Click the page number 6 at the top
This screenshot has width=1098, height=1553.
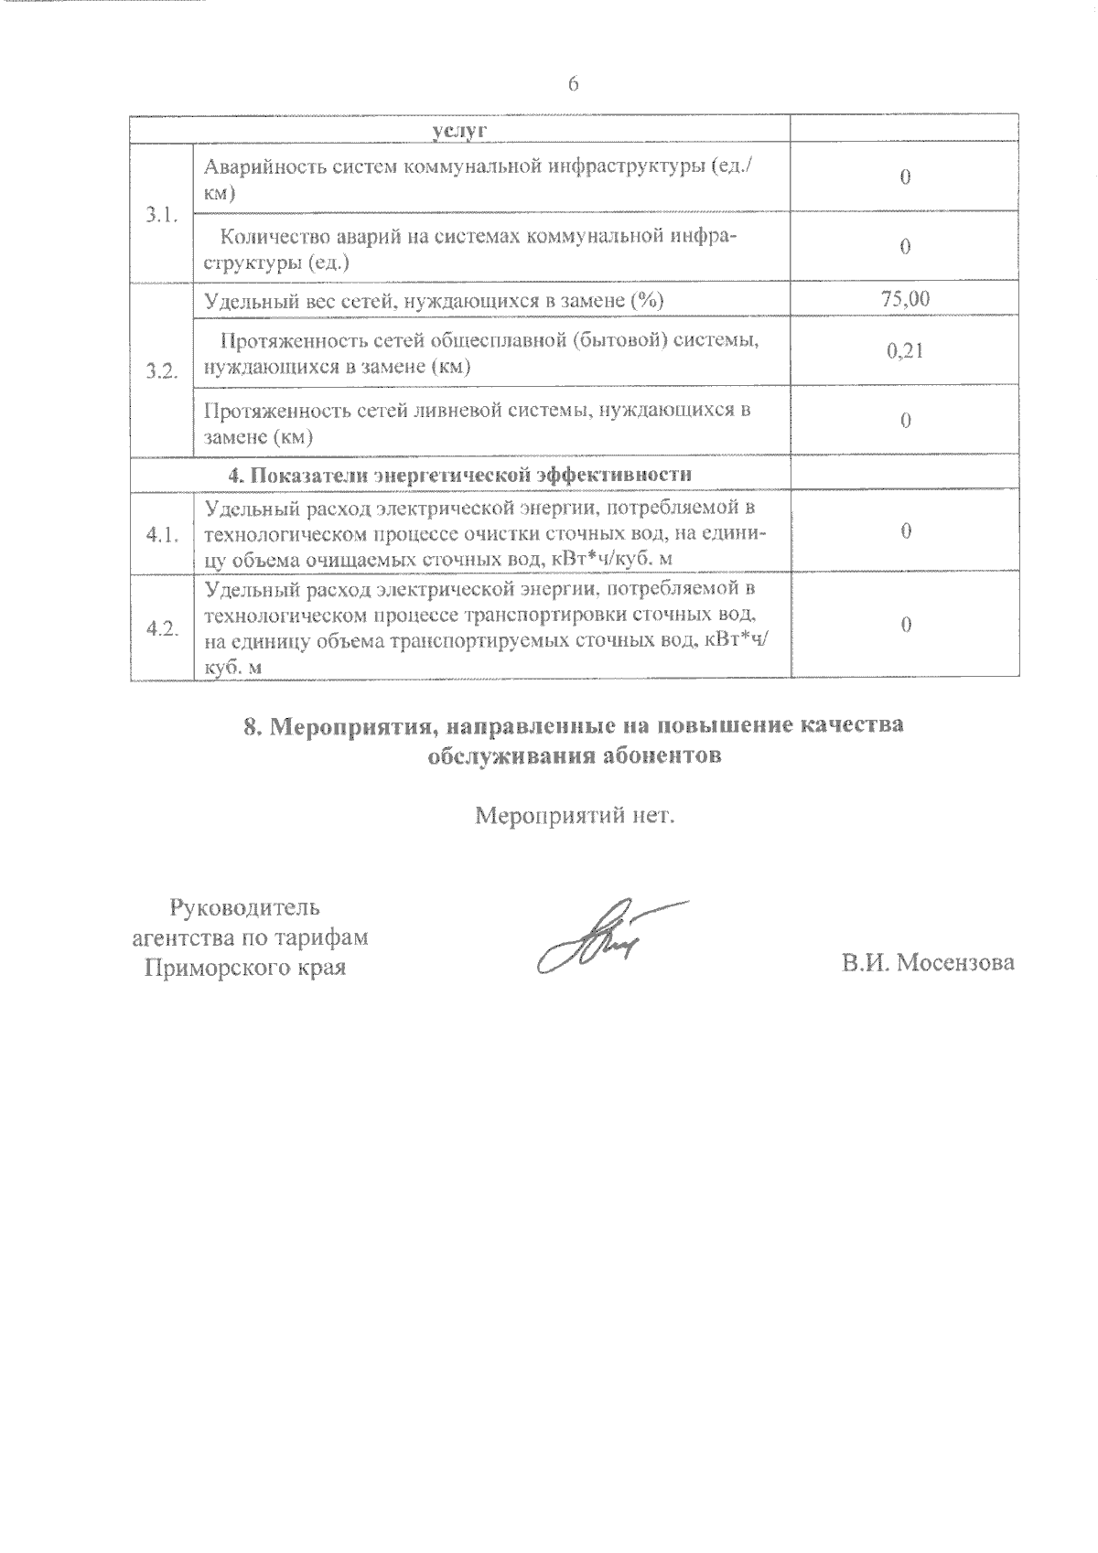(574, 84)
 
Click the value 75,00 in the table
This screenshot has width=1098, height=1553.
(905, 298)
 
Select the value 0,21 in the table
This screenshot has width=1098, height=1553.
(905, 350)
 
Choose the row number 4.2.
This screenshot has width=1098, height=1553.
(161, 628)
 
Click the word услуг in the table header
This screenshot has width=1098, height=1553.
(459, 131)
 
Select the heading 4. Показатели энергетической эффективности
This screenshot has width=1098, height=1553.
(459, 474)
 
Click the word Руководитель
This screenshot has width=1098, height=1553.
(244, 908)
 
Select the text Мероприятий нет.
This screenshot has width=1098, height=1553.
(574, 815)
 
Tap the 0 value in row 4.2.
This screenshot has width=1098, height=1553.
(905, 625)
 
